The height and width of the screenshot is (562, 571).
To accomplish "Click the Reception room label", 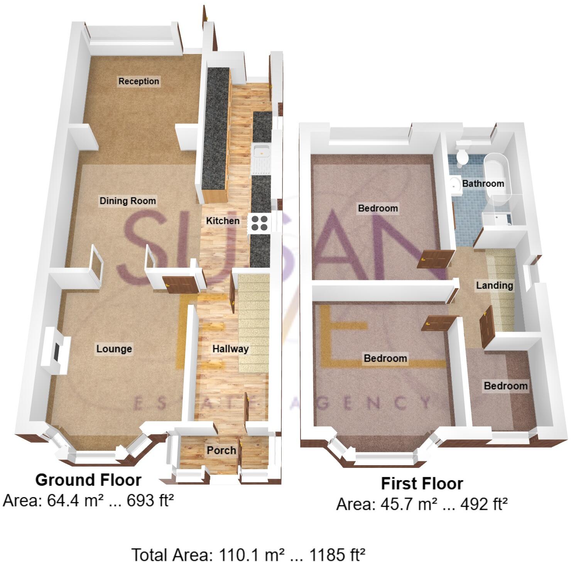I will (x=139, y=81).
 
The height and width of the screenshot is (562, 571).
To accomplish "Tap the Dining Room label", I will (x=128, y=201).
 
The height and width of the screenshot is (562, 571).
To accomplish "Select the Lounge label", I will (x=114, y=349).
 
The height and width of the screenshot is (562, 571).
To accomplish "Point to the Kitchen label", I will (x=223, y=221).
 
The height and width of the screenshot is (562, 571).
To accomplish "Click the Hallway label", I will (x=230, y=349).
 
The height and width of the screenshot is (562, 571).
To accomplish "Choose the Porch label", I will (x=221, y=450).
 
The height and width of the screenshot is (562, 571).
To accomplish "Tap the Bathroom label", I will (x=483, y=183).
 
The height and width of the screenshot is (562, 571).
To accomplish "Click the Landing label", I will (x=494, y=285).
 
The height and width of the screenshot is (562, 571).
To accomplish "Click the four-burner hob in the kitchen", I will (x=260, y=223).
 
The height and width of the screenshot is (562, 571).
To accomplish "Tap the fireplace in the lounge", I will (x=57, y=351).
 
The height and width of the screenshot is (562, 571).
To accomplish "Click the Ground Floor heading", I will (x=88, y=480).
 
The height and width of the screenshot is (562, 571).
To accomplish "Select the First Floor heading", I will (x=422, y=484).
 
